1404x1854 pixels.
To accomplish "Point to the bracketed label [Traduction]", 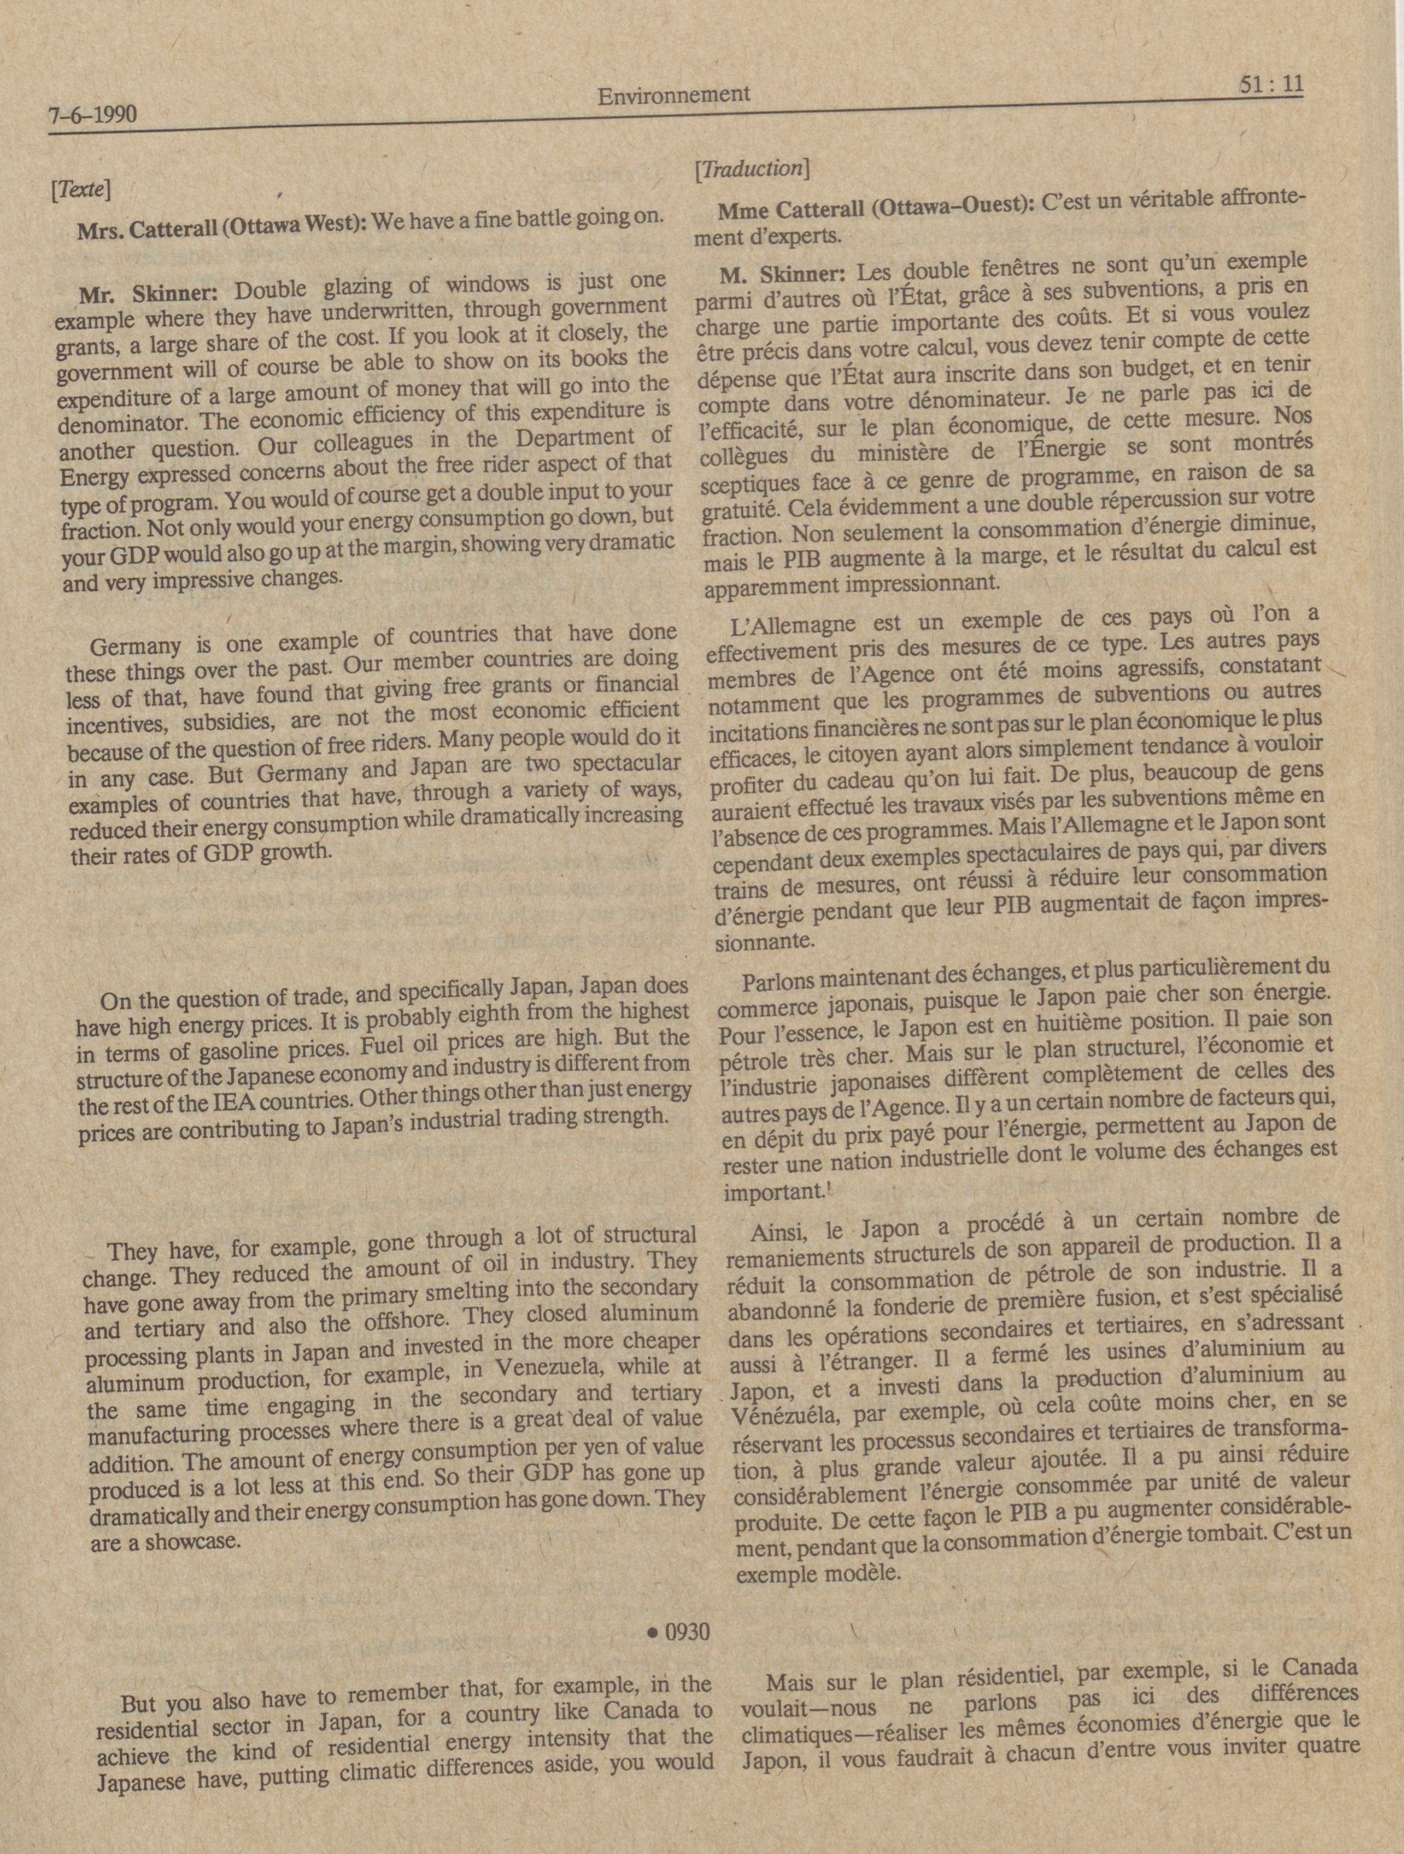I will pos(749,169).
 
